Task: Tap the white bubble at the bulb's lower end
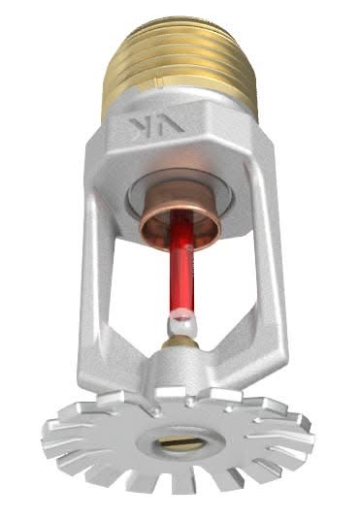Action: (x=180, y=319)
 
